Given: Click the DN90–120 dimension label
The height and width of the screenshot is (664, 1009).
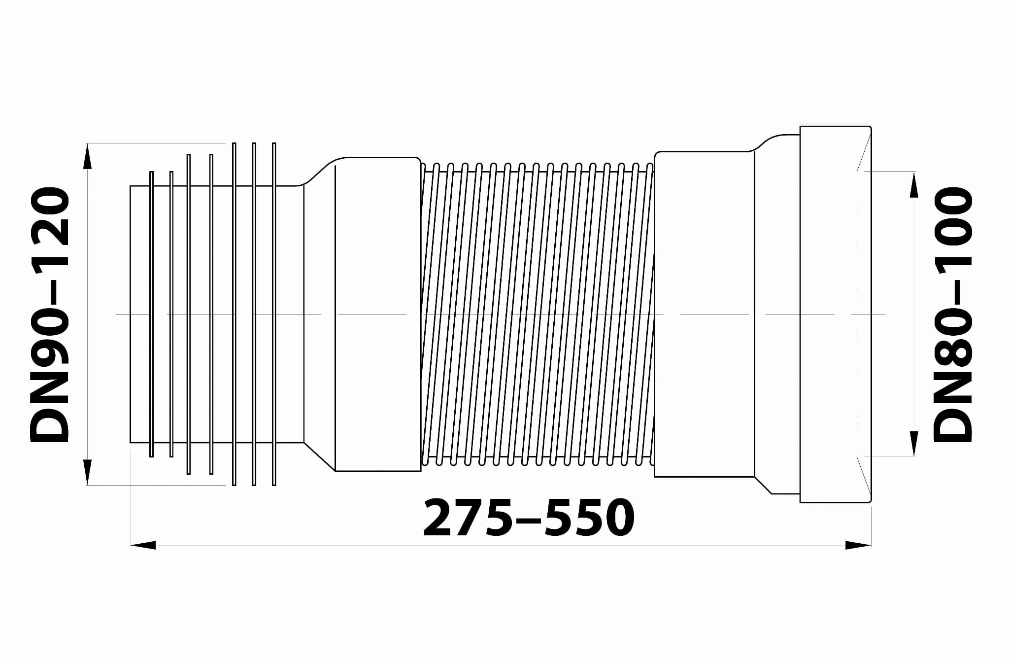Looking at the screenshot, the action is [x=49, y=315].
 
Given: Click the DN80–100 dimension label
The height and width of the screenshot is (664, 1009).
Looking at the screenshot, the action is [x=952, y=315].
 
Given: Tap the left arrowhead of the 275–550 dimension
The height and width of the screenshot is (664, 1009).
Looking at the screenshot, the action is [x=143, y=545].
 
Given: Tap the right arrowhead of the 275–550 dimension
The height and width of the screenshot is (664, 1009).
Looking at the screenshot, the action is [x=858, y=545].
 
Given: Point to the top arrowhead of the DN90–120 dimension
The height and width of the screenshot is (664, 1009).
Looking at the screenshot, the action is [x=87, y=156].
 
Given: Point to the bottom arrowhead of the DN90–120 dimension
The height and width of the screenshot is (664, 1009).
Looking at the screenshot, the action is [x=87, y=472].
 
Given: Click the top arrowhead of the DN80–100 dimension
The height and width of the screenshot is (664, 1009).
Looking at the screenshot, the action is [x=913, y=185].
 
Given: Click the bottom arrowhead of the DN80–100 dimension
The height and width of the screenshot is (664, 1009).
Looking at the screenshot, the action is [x=913, y=444].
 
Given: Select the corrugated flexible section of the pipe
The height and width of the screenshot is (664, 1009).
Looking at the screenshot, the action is [x=538, y=314].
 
